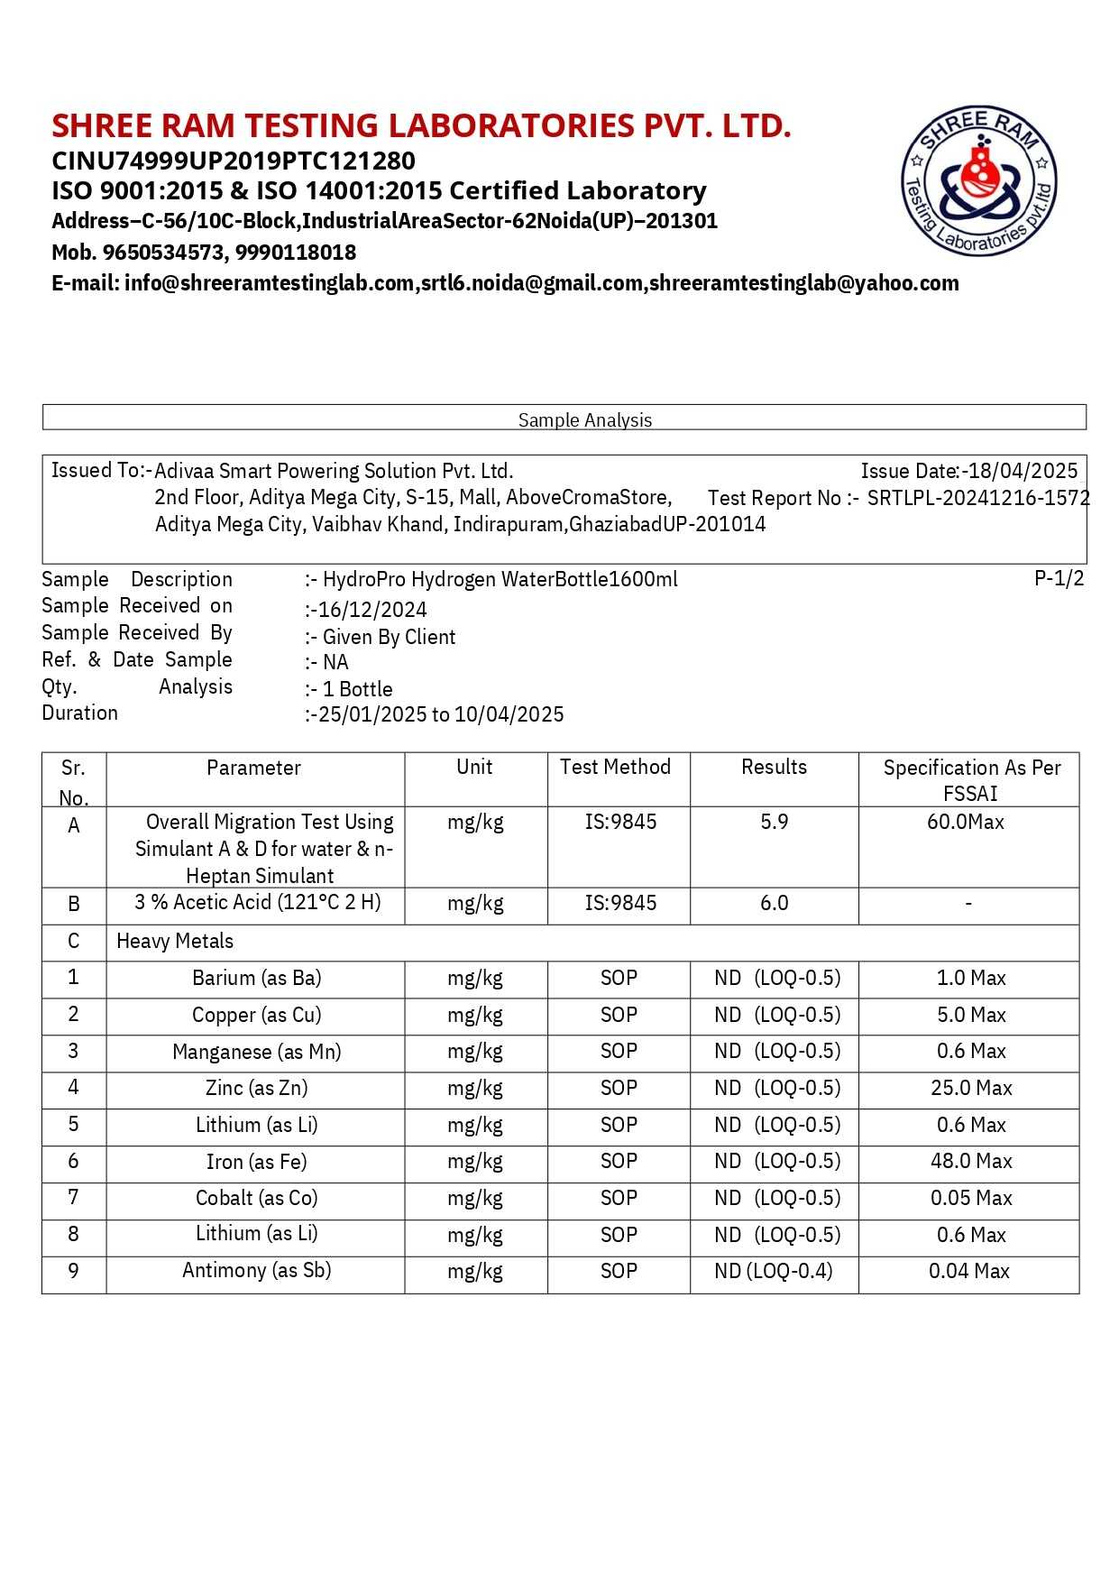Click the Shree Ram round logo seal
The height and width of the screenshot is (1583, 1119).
coord(979,180)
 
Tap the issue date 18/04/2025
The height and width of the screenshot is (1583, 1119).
coord(1023,471)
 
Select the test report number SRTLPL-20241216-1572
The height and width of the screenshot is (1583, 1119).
coord(978,498)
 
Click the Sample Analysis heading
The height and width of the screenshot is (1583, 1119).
coord(584,420)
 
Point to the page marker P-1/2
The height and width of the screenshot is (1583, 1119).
coord(1059,578)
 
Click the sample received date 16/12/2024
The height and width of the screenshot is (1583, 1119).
coord(372,610)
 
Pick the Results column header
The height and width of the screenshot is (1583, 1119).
coord(774,768)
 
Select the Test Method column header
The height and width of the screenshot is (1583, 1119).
coord(615,768)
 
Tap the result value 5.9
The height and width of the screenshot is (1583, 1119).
coord(774,822)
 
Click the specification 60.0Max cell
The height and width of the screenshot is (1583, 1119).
coord(966,822)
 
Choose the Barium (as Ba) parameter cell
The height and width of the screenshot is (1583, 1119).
coord(257,979)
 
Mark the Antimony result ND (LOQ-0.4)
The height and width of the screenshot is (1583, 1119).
coord(774,1272)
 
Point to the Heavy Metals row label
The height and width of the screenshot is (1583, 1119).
coord(175,942)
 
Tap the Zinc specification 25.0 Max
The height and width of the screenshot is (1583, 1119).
coord(971,1089)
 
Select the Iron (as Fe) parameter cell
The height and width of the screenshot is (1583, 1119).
coord(257,1162)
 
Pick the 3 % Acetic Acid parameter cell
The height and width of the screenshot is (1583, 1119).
coord(258,903)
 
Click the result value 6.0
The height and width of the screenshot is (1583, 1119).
coord(774,904)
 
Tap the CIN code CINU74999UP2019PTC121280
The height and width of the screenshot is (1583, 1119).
coord(234,161)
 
